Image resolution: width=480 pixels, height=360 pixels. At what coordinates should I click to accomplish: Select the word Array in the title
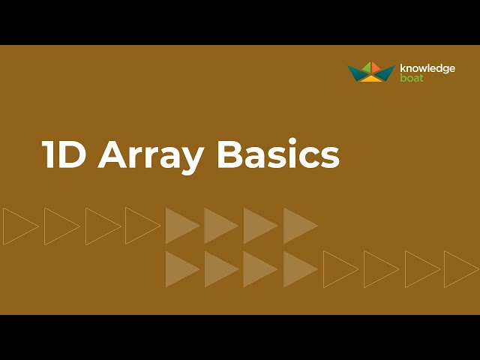(x=151, y=156)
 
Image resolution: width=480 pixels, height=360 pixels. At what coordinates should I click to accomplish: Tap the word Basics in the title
(x=278, y=154)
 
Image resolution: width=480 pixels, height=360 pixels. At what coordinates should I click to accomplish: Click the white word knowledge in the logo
(x=427, y=68)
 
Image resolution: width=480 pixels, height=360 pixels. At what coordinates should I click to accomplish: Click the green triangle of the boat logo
(x=367, y=68)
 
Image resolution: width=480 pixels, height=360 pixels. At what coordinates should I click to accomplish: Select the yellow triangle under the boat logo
(x=371, y=78)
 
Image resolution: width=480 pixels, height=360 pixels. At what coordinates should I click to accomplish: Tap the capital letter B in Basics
(x=229, y=154)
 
